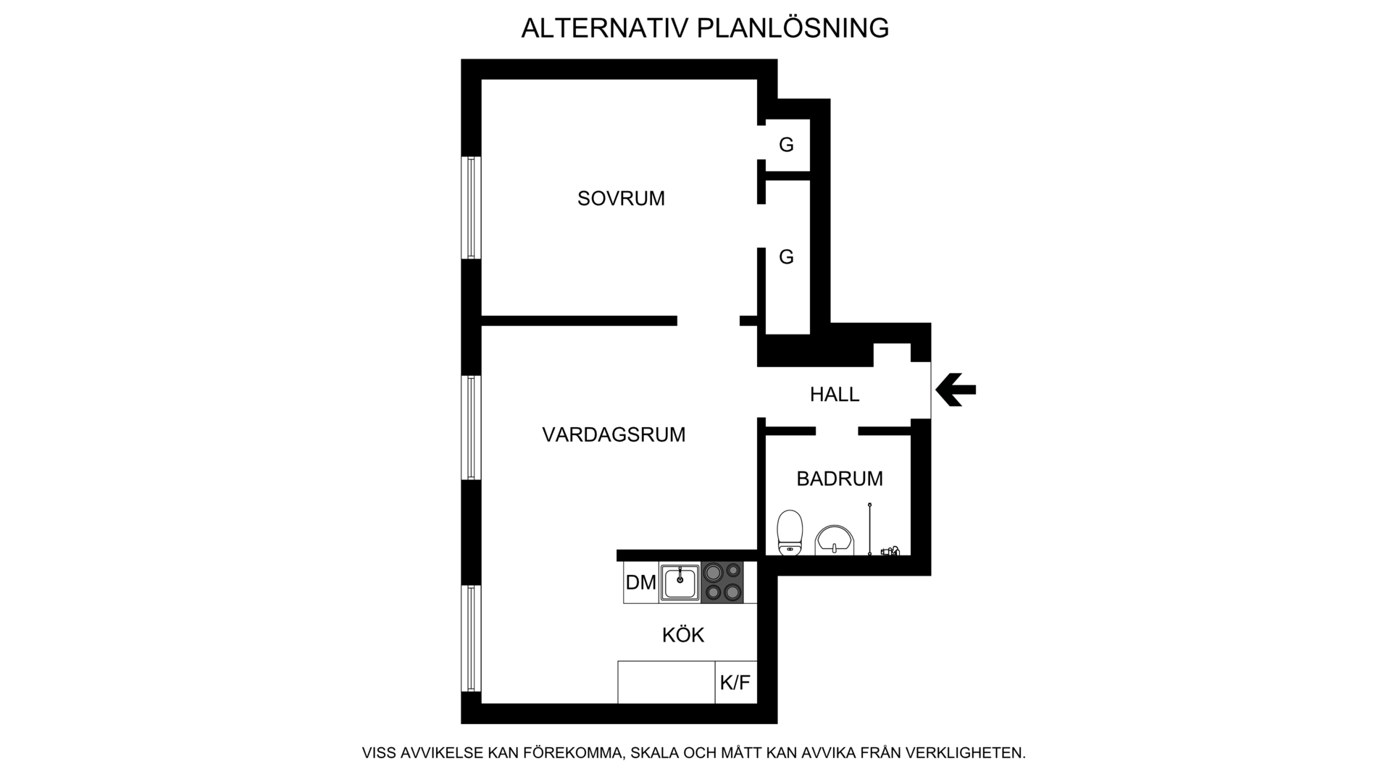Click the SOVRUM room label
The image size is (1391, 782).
[x=621, y=198]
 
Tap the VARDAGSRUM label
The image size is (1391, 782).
[x=614, y=434]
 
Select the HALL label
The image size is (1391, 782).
[x=835, y=395]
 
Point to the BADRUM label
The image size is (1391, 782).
[x=840, y=479]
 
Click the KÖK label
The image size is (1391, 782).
[x=683, y=635]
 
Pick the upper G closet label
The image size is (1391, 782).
[x=786, y=145]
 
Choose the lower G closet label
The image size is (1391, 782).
[x=786, y=257]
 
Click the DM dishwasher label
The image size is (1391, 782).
[x=641, y=582]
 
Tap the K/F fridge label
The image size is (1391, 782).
[x=735, y=683]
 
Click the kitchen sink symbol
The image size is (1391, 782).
[x=680, y=583]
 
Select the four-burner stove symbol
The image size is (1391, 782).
[x=723, y=583]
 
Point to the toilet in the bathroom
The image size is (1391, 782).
[x=790, y=533]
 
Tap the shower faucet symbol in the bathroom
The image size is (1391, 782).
[x=890, y=550]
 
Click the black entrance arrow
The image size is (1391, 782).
[x=956, y=390]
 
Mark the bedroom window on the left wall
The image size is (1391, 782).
[x=471, y=208]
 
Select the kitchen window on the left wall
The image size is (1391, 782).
[x=471, y=639]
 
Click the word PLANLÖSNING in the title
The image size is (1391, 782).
[x=793, y=28]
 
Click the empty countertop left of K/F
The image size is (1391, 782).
[x=667, y=682]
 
